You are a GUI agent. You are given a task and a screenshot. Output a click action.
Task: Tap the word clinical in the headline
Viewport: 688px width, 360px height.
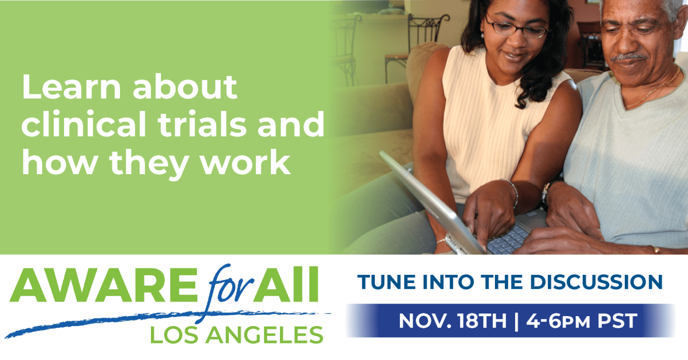pos(84,124)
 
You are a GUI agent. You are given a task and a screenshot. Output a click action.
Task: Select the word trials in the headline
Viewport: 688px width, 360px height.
pos(202,124)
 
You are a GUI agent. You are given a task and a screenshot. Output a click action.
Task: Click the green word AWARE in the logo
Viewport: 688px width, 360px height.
pos(104,286)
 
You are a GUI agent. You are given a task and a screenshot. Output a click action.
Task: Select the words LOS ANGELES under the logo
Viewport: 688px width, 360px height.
pos(236,335)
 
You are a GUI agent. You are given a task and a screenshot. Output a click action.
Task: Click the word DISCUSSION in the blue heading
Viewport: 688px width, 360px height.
pos(596,282)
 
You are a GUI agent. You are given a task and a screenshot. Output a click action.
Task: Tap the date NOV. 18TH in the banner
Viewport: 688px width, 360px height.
pos(452,321)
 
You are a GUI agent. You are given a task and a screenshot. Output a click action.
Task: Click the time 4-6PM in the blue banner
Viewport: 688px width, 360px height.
pos(558,321)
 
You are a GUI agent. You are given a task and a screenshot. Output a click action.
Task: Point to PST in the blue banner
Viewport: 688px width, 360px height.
pos(617,321)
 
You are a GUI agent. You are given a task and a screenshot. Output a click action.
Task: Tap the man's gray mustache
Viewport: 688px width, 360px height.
pos(628,57)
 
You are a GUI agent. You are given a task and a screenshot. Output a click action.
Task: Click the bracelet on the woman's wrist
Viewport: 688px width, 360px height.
pos(511,190)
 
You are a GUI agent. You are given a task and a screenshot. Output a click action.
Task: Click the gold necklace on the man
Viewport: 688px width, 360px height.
pos(654,89)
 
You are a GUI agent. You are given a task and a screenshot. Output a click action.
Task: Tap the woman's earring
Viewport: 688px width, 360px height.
pos(482,35)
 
